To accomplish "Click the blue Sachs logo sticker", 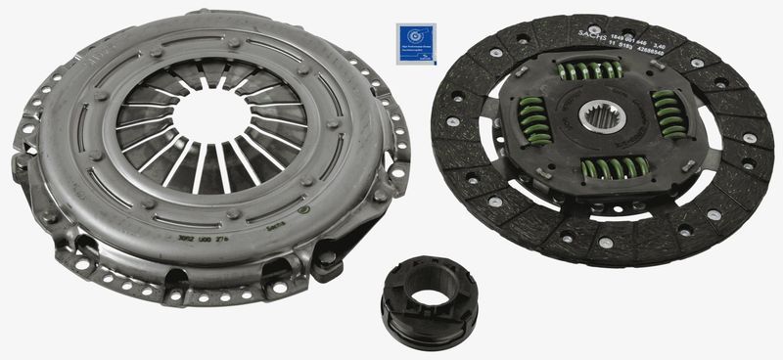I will pyautogui.click(x=415, y=43).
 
